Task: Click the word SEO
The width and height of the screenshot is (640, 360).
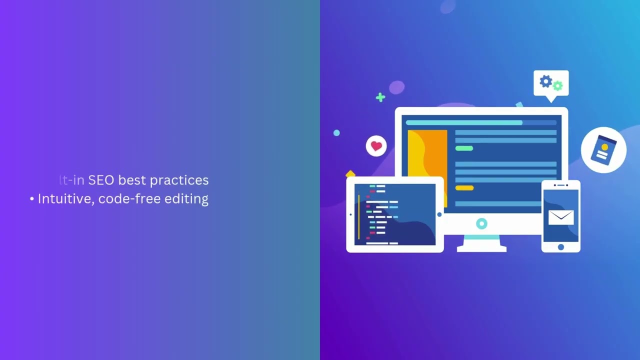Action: coord(101,180)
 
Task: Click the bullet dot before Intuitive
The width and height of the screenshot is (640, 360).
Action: coord(32,199)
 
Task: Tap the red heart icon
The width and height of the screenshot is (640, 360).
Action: coord(376,146)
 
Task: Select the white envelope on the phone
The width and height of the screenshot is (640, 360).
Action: coord(560,217)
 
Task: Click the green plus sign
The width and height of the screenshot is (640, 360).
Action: coord(380,97)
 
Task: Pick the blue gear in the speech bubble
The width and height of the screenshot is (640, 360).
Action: coord(545,81)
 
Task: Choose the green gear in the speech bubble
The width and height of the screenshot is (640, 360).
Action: coord(558,86)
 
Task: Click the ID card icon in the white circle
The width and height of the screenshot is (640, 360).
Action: coord(603,150)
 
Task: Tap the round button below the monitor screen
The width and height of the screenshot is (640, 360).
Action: coord(481,223)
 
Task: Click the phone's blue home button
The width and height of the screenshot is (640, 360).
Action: coord(560,247)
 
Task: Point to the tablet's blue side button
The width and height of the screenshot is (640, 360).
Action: coord(439,214)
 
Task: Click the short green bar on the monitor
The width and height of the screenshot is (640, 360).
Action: coord(464,148)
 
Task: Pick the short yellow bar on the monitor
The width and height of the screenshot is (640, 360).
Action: coord(464,188)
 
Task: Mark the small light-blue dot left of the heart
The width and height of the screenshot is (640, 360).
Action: coord(336,133)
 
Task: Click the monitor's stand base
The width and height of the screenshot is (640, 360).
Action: coord(481,247)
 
